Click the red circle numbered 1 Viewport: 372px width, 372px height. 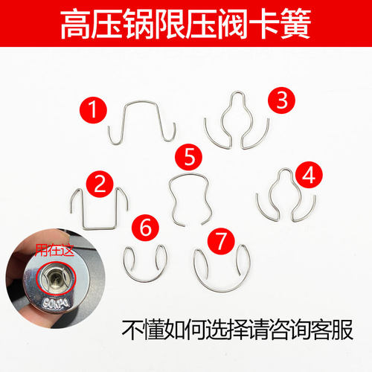(93, 110)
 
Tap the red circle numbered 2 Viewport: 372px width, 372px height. (100, 184)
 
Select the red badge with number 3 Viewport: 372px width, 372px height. (281, 100)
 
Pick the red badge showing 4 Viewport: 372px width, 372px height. (309, 175)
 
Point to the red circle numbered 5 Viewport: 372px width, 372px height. (188, 157)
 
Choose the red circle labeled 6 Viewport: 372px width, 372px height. (145, 228)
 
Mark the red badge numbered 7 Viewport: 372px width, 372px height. (221, 241)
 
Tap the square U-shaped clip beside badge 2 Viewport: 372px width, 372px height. (99, 228)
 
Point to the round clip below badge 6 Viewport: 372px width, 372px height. (145, 281)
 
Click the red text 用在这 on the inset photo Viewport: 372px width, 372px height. (54, 250)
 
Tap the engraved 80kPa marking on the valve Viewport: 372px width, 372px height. (57, 303)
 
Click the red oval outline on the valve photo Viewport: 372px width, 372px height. (37, 278)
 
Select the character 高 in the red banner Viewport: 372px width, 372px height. (76, 24)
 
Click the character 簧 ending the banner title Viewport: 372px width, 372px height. (295, 24)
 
